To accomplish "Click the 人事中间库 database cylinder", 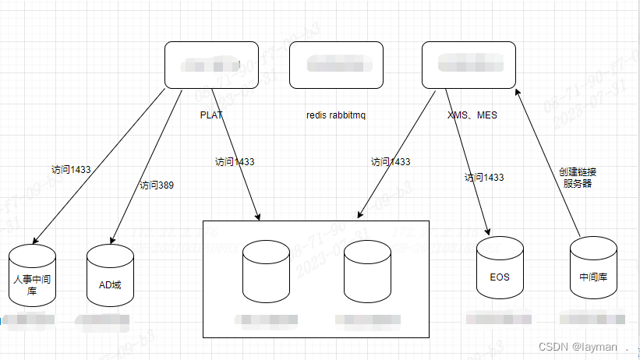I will tap(34, 277).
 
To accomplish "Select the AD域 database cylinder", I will tap(110, 277).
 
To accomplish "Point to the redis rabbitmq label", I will tap(336, 115).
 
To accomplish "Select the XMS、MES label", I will tap(472, 115).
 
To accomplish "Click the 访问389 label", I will tap(156, 185).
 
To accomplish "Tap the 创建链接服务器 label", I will tap(578, 178).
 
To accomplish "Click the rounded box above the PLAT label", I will tap(211, 65).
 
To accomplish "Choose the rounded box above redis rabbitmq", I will tap(336, 65).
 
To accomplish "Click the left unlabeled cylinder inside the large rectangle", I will tap(265, 273).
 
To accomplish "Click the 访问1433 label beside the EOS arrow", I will tap(483, 178).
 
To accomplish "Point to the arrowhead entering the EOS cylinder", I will tap(488, 231).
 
